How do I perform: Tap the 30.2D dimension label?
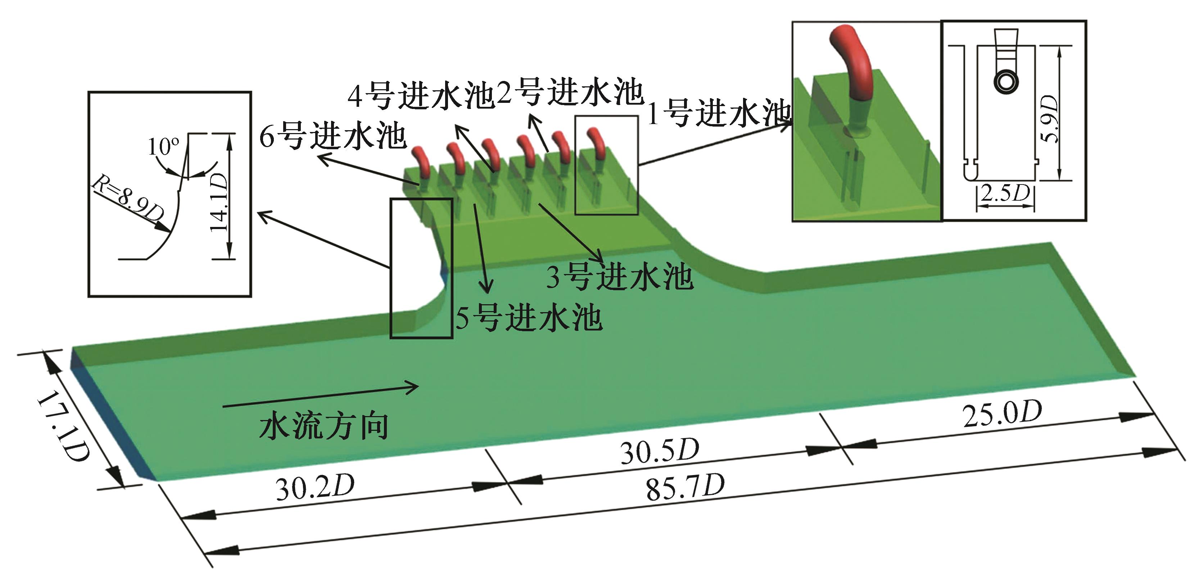point(315,487)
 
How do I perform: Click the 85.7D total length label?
point(685,487)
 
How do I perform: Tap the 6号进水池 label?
point(333,136)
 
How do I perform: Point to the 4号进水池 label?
point(421,95)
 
